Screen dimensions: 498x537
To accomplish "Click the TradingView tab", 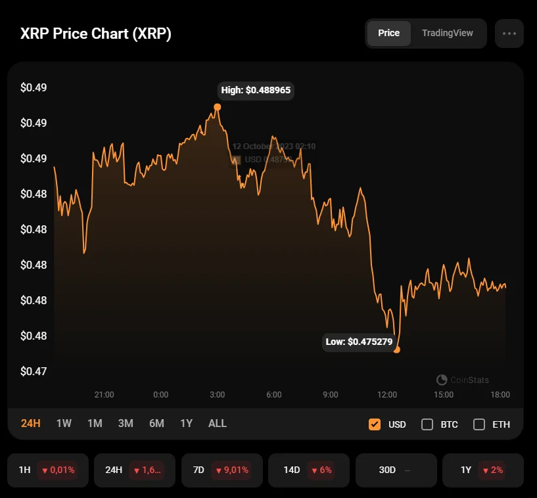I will pyautogui.click(x=447, y=33).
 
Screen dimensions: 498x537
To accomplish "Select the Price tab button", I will pyautogui.click(x=388, y=33).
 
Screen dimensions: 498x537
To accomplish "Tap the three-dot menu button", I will pyautogui.click(x=509, y=33).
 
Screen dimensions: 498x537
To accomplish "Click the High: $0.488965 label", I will pyautogui.click(x=256, y=91).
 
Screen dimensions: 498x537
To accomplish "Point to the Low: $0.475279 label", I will pyautogui.click(x=359, y=342).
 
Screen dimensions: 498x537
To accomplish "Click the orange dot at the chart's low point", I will pyautogui.click(x=396, y=350).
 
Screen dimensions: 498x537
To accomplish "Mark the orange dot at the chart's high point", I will pyautogui.click(x=218, y=107).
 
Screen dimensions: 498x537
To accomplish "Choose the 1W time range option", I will pyautogui.click(x=64, y=424).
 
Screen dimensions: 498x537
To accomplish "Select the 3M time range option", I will pyautogui.click(x=126, y=424).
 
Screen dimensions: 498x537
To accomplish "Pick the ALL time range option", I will pyautogui.click(x=217, y=424).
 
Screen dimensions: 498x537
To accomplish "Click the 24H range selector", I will pyautogui.click(x=30, y=424).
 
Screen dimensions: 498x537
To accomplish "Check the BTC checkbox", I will pyautogui.click(x=427, y=424).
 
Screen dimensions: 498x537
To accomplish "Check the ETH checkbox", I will pyautogui.click(x=479, y=424).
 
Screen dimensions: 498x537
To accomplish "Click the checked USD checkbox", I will pyautogui.click(x=375, y=424).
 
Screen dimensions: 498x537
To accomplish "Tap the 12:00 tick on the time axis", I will pyautogui.click(x=387, y=395).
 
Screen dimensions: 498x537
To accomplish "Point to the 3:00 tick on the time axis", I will pyautogui.click(x=218, y=395).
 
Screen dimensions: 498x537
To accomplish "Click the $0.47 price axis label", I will pyautogui.click(x=33, y=371).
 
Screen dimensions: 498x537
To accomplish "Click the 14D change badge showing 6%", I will pyautogui.click(x=321, y=470).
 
